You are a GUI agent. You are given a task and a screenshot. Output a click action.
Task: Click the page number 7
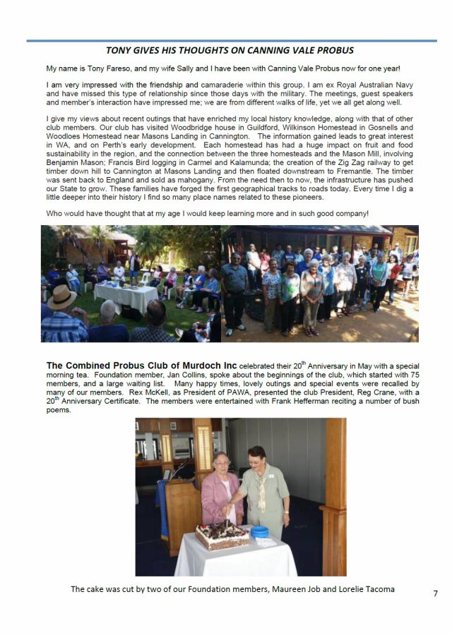435,593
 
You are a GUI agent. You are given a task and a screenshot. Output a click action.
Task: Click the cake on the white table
222,534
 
